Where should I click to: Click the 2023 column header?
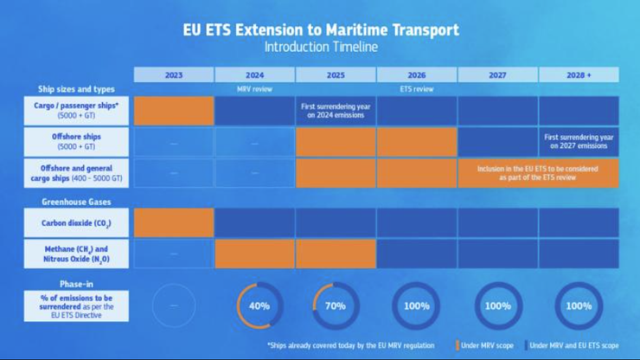pyautogui.click(x=174, y=75)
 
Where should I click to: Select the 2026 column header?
pyautogui.click(x=417, y=75)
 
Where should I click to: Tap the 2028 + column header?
pyautogui.click(x=579, y=75)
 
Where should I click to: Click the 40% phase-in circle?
pyautogui.click(x=259, y=305)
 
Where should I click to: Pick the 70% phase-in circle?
pyautogui.click(x=336, y=305)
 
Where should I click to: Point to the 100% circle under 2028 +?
pyautogui.click(x=579, y=305)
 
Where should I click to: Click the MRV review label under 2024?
pyautogui.click(x=255, y=89)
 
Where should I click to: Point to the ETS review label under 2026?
pyautogui.click(x=417, y=89)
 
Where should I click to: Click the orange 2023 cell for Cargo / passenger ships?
pyautogui.click(x=174, y=110)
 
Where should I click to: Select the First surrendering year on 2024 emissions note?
pyautogui.click(x=336, y=110)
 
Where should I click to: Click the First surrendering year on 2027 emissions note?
pyautogui.click(x=579, y=142)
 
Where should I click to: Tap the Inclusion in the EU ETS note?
pyautogui.click(x=537, y=173)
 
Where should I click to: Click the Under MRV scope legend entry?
pyautogui.click(x=485, y=345)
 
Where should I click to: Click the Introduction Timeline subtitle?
pyautogui.click(x=320, y=47)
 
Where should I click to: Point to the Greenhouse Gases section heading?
pyautogui.click(x=76, y=201)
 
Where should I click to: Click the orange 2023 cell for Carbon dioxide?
pyautogui.click(x=174, y=222)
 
